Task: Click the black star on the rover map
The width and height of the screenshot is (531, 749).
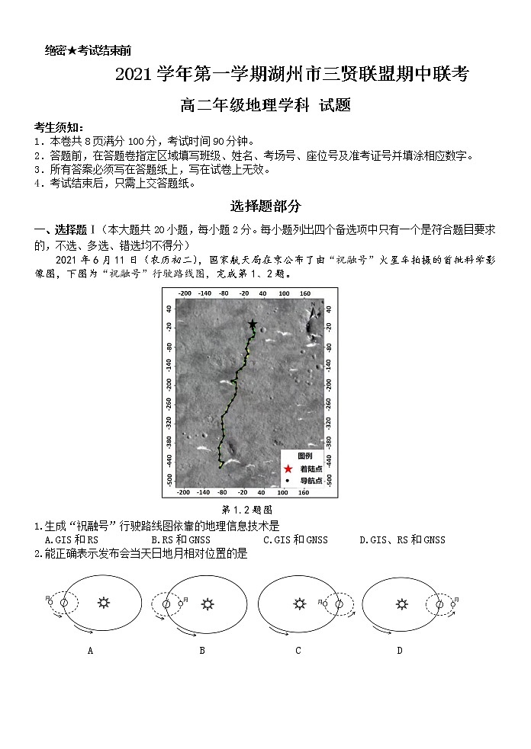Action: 253,324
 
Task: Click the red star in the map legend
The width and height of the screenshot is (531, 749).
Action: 288,469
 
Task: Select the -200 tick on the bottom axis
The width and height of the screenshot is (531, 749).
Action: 184,493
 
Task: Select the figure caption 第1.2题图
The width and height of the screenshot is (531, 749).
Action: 247,509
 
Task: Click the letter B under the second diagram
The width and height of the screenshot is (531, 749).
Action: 202,650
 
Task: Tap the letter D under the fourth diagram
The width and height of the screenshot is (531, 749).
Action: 399,650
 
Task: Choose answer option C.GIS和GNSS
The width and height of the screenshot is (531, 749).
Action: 295,539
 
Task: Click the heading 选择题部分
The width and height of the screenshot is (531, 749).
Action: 265,206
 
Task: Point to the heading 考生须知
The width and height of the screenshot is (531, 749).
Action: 59,126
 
